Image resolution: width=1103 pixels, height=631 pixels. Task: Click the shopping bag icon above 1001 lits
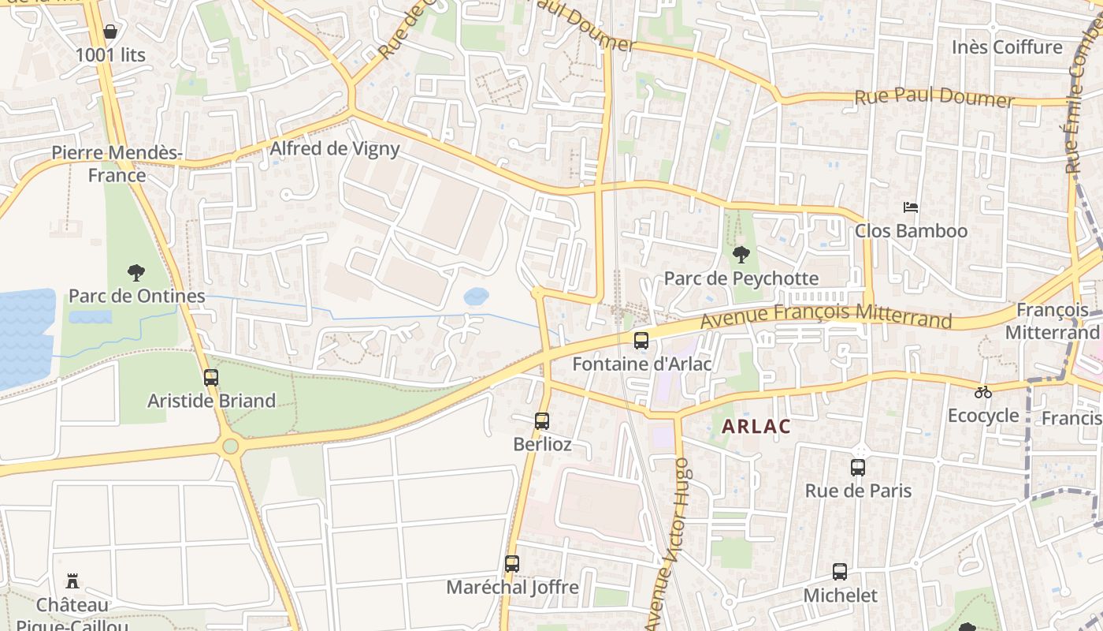tap(110, 32)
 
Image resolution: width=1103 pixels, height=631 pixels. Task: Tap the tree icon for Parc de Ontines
tap(136, 273)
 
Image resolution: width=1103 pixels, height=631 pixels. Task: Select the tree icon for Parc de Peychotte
tap(741, 254)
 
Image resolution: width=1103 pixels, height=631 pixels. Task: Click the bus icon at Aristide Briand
tap(211, 378)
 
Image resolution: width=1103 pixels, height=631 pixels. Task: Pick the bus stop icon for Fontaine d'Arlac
tap(641, 341)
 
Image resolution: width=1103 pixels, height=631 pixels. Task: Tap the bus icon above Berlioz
tap(542, 421)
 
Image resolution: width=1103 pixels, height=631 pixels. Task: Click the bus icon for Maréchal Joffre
tap(512, 564)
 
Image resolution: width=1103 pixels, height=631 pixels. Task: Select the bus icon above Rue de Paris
tap(858, 468)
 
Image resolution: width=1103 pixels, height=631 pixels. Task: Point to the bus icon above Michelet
tap(840, 572)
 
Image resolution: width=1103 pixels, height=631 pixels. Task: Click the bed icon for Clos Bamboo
tap(911, 207)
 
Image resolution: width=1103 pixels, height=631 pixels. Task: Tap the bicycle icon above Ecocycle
tap(983, 392)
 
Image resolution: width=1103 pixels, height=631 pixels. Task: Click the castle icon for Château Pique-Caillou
tap(72, 582)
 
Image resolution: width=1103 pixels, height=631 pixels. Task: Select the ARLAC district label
tap(756, 427)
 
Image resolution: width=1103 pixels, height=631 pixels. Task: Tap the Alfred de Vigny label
tap(335, 148)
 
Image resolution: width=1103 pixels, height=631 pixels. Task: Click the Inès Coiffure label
tap(1007, 47)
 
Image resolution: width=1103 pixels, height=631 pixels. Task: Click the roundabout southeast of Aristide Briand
tap(230, 446)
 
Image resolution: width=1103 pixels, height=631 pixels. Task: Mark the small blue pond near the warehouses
tap(476, 297)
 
